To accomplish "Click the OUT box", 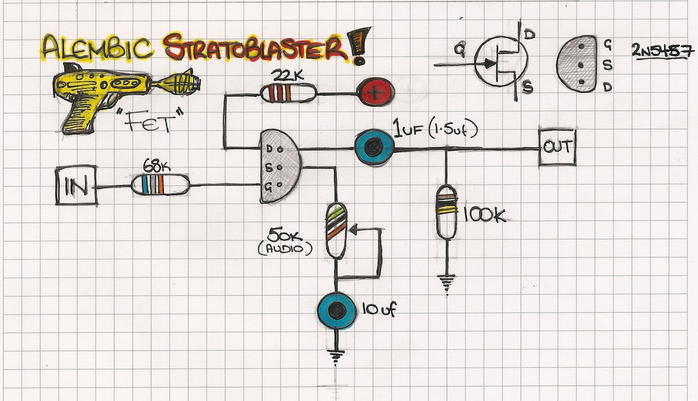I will (557, 147).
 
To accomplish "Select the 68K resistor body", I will (160, 185).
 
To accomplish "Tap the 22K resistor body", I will (287, 93).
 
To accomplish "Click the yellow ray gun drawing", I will (112, 95).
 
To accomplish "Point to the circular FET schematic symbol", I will (500, 61).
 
